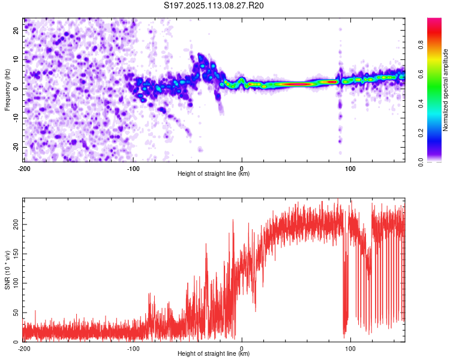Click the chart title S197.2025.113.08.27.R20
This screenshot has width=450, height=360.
pyautogui.click(x=214, y=5)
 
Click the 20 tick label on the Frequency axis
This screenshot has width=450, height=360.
pyautogui.click(x=16, y=31)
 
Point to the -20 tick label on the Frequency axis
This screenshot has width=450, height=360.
pyautogui.click(x=16, y=146)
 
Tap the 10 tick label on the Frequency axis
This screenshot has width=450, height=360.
pyautogui.click(x=16, y=60)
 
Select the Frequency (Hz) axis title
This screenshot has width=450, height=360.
pyautogui.click(x=7, y=90)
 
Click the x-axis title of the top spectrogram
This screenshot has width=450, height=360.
pyautogui.click(x=214, y=173)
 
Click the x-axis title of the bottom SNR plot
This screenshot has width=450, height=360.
pyautogui.click(x=214, y=353)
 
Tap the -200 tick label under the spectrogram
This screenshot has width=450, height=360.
pyautogui.click(x=24, y=169)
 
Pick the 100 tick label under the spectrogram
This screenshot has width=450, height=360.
pyautogui.click(x=350, y=169)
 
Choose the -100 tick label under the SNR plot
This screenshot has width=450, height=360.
pyautogui.click(x=133, y=349)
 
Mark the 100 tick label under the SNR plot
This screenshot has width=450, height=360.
pyautogui.click(x=350, y=349)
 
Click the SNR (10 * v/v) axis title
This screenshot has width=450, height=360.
pyautogui.click(x=7, y=270)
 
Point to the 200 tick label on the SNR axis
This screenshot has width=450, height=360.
pyautogui.click(x=16, y=224)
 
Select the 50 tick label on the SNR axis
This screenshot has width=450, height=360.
pyautogui.click(x=16, y=313)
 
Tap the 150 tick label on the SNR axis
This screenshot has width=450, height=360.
pyautogui.click(x=16, y=254)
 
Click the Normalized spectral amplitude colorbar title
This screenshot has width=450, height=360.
pyautogui.click(x=445, y=90)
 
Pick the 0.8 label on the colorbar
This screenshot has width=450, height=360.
pyautogui.click(x=421, y=45)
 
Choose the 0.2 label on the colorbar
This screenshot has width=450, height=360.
pyautogui.click(x=421, y=133)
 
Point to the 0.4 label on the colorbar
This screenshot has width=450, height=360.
pyautogui.click(x=421, y=104)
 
